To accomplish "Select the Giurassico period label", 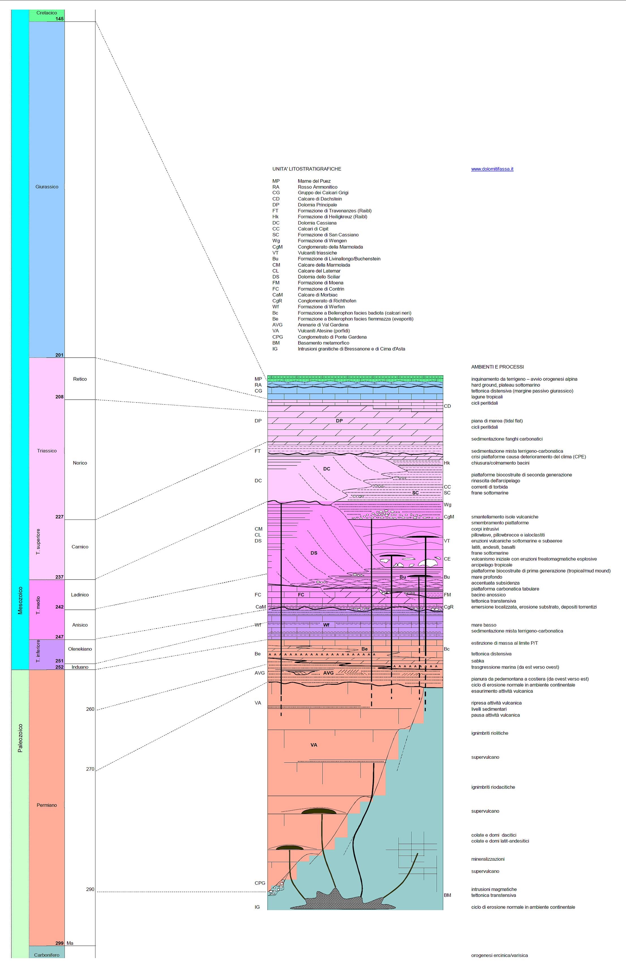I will coord(47,187).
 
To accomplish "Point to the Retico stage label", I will coord(80,379).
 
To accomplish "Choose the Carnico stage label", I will coord(80,547).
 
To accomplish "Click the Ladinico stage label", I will coord(80,595).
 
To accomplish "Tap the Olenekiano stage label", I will coord(80,649).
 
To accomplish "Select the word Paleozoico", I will coord(20,738).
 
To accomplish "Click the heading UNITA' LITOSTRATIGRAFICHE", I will coord(307,169).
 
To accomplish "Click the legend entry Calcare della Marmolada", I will coord(324,265).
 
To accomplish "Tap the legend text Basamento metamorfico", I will coord(323,343).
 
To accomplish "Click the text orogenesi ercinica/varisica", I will coord(499,956).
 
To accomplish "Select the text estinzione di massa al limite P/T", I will coord(505,643).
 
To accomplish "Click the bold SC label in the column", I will coord(415,493).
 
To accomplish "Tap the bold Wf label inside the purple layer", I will coord(326,625).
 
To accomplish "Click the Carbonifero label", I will coord(47,955).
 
